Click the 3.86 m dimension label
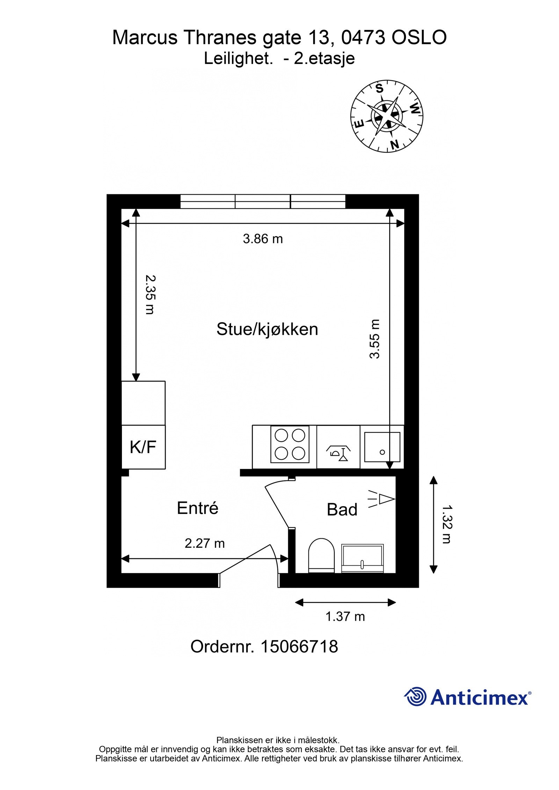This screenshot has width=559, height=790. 263,239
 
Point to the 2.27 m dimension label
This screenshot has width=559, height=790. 204,543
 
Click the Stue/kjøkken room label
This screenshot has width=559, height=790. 267,329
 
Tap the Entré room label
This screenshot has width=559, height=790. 197,508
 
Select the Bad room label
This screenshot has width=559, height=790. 342,510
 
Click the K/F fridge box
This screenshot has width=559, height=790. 143,447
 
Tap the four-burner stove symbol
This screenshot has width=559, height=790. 290,444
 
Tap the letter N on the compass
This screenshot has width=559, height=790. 394,144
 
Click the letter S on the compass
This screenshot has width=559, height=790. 379,89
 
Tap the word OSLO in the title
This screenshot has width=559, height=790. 419,38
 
